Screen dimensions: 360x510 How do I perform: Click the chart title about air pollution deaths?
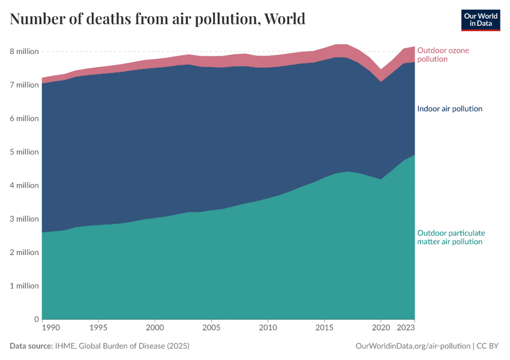pos(158,19)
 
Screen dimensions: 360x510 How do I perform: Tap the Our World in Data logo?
pos(480,20)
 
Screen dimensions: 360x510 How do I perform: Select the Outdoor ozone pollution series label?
pos(443,55)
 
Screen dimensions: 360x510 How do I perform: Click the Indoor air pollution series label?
pos(449,109)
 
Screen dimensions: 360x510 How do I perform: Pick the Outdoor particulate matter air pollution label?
pos(451,237)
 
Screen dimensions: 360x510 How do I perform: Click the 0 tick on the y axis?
pos(36,319)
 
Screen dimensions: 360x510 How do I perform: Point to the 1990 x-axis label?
pos(50,328)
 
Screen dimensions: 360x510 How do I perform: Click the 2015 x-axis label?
pos(325,328)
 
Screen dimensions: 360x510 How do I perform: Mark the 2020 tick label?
pos(381,328)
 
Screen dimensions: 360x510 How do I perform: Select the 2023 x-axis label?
pos(406,328)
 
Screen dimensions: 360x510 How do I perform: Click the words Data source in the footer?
pos(31,346)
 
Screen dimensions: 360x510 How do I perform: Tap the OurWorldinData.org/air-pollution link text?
pos(413,346)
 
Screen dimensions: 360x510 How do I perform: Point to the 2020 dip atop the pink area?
pos(381,70)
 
